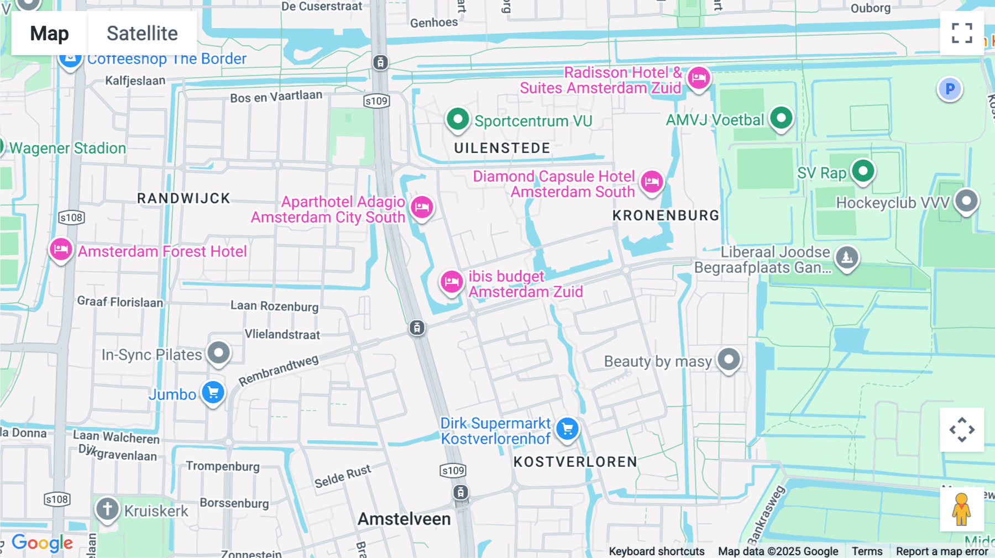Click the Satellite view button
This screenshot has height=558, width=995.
142,33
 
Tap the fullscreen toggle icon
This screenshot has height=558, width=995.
962,33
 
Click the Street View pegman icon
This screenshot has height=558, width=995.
961,509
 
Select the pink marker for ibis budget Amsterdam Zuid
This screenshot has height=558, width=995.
452,282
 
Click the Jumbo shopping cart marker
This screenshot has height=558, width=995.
213,393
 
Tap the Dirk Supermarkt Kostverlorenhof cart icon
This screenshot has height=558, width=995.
567,429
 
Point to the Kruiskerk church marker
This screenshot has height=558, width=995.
107,508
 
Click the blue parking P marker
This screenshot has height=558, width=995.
950,89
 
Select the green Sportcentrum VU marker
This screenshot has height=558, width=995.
458,119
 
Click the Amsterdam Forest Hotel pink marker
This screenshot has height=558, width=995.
61,250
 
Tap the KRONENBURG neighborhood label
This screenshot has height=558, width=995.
666,215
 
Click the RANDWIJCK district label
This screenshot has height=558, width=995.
184,198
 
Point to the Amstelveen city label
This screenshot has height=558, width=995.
404,519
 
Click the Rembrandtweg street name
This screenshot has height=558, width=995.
279,371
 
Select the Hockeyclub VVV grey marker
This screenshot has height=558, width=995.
966,201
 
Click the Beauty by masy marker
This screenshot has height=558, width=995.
729,360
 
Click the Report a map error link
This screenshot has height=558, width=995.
942,551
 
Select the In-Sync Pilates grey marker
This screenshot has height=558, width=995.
218,352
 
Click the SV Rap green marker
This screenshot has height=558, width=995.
863,171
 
